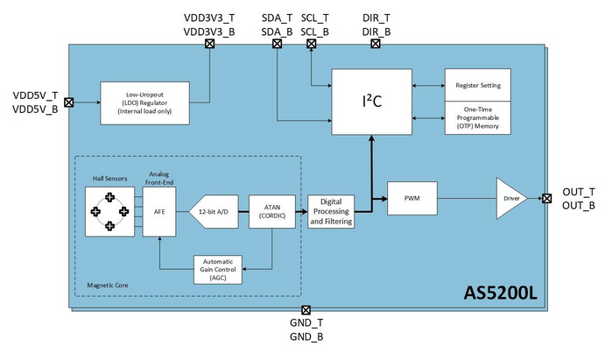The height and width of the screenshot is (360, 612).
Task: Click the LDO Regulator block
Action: pos(144,103)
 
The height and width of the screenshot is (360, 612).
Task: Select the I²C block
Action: pos(371,102)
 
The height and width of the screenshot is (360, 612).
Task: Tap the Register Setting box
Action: pos(478,85)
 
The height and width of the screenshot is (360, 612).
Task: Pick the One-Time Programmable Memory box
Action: pos(478,118)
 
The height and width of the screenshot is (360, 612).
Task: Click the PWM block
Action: pos(412,198)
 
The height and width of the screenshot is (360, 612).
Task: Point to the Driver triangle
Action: pos(510,198)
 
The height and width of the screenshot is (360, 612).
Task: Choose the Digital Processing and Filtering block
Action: pos(331,212)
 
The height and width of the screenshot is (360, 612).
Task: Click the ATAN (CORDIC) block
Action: pos(272,212)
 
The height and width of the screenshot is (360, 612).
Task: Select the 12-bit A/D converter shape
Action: pos(214,212)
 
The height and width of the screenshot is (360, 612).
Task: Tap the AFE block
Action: pos(159,212)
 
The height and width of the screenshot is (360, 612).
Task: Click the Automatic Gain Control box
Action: pos(218,270)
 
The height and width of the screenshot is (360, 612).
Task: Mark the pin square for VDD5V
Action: pos(68,102)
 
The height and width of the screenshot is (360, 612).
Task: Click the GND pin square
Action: pos(306,310)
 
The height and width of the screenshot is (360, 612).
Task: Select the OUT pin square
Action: pos(547,198)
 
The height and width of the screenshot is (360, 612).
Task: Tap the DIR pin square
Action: pos(376,44)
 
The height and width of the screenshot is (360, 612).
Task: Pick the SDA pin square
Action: pos(278,44)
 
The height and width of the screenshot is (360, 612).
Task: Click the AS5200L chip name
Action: pos(501,293)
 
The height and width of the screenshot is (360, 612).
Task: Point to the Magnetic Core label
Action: pos(108,286)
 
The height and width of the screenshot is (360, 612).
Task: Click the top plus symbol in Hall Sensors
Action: pos(110,197)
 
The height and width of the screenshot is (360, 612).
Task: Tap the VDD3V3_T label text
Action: pos(209,18)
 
